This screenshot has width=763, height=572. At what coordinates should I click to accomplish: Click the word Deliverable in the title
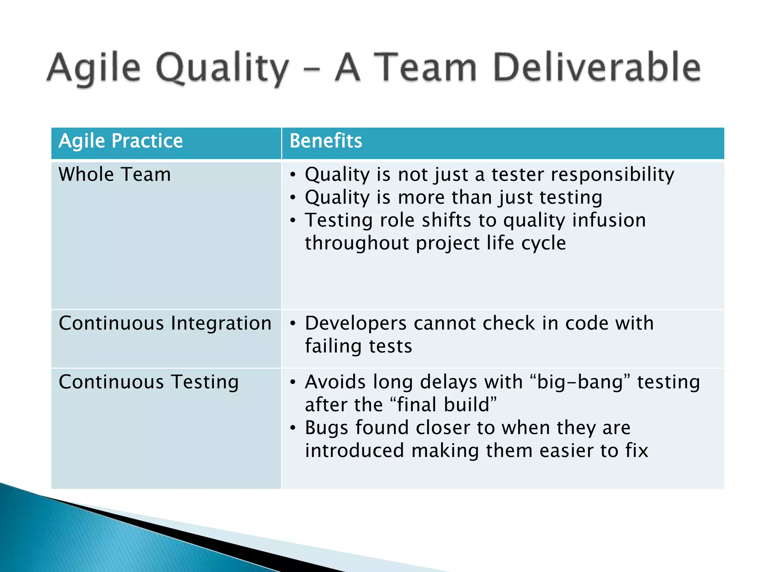pyautogui.click(x=597, y=68)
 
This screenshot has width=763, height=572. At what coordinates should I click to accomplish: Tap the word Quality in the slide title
pyautogui.click(x=222, y=69)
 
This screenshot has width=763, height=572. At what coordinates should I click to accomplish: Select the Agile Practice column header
pyautogui.click(x=121, y=141)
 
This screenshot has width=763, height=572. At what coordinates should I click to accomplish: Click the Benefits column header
pyautogui.click(x=326, y=141)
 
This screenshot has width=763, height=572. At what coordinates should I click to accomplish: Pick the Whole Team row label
pyautogui.click(x=115, y=175)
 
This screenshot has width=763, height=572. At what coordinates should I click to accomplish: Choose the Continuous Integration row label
pyautogui.click(x=165, y=323)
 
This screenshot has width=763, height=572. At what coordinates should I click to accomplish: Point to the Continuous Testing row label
pyautogui.click(x=149, y=382)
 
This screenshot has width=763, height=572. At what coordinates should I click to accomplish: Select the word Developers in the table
pyautogui.click(x=355, y=323)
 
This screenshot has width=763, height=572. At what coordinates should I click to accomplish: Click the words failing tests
pyautogui.click(x=358, y=346)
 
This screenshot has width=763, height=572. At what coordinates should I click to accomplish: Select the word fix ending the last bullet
pyautogui.click(x=637, y=451)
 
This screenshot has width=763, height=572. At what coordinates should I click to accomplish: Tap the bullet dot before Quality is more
pyautogui.click(x=293, y=198)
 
